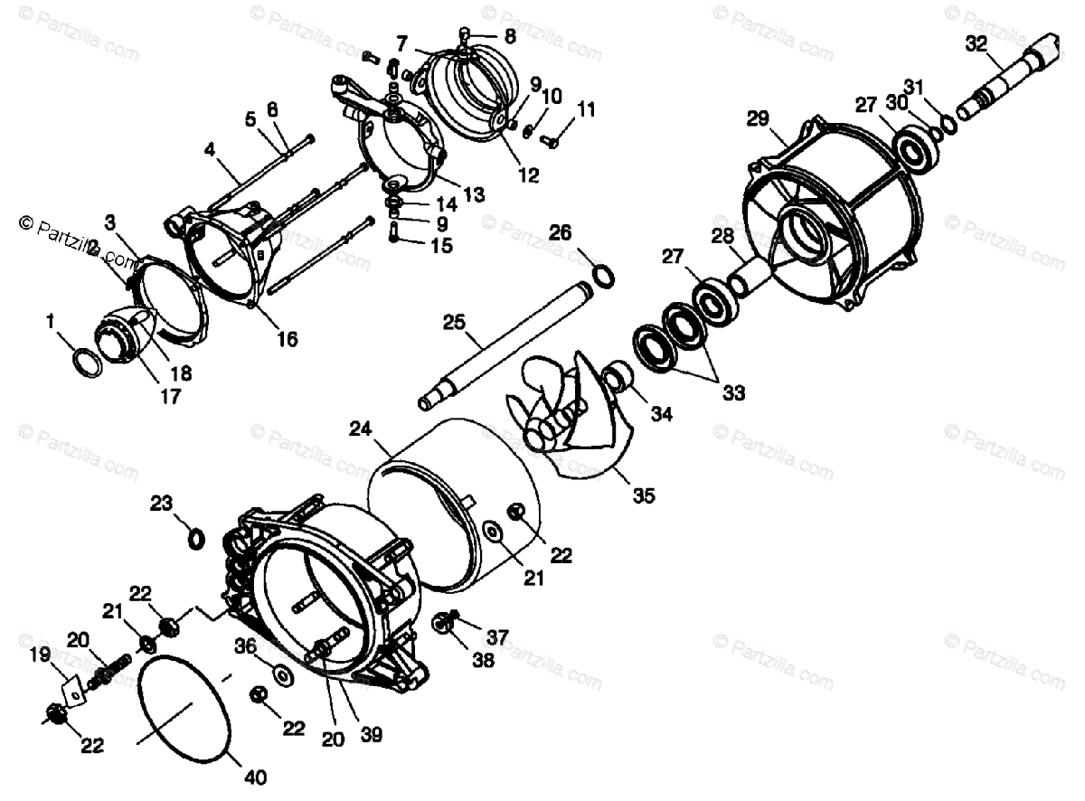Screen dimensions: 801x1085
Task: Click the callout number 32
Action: coord(976,42)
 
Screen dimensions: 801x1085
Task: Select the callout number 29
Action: coord(758,118)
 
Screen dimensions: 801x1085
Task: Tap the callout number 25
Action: coord(454,322)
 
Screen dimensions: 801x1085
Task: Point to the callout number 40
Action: coord(255,777)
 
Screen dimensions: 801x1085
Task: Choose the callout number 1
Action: coord(51,320)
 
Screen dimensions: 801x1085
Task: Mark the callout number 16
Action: coord(287,340)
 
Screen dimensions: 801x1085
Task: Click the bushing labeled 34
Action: coord(618,375)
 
